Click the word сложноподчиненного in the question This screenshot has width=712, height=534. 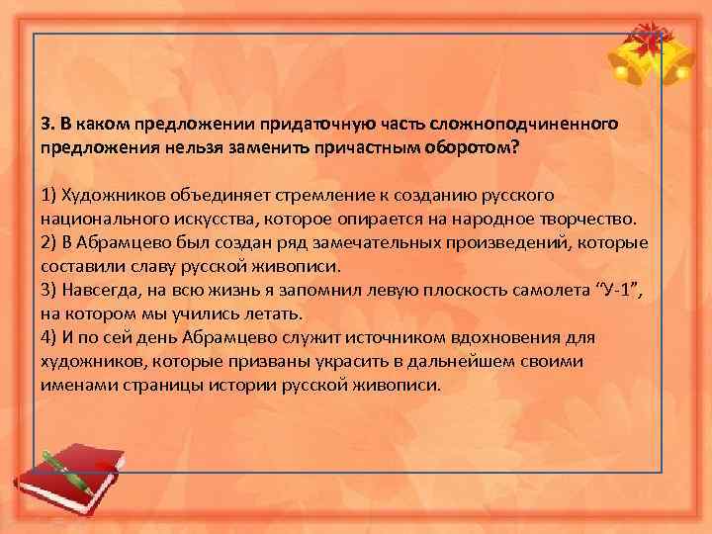point(535,124)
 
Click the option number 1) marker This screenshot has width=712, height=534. point(50,195)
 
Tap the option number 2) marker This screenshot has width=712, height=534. point(50,243)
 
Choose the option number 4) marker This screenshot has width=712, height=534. point(50,338)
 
